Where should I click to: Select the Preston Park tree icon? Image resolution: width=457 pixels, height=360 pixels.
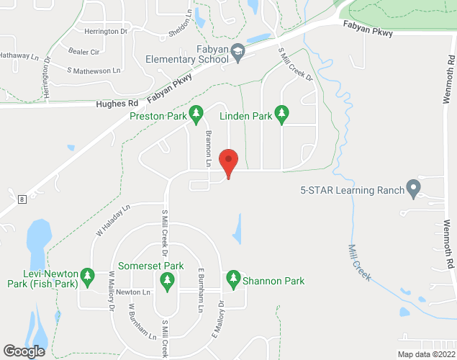pos(196,114)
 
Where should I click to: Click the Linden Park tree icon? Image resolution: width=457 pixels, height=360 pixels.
pos(282,114)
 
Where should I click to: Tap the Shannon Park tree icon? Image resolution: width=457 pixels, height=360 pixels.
pos(232,277)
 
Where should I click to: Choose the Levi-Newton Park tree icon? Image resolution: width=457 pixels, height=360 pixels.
pos(88,275)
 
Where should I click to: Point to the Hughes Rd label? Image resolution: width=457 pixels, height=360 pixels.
pos(116,104)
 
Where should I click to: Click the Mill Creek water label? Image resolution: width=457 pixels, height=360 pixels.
pos(360,263)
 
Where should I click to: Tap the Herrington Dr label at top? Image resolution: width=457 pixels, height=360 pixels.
pos(105,32)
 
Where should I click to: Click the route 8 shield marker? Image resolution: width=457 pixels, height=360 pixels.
pos(23,199)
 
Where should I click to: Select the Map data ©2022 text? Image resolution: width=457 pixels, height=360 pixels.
pos(426,354)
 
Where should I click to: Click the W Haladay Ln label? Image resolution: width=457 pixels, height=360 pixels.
pos(113,220)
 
